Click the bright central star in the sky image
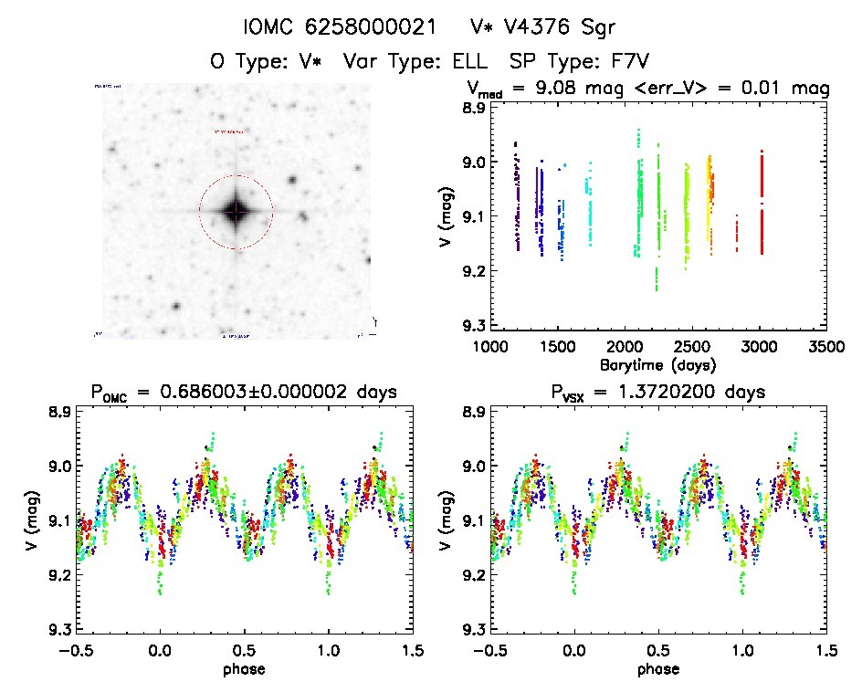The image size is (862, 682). click(x=236, y=211)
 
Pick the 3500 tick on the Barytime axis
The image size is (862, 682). click(x=826, y=348)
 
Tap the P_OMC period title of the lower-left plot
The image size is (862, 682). click(x=244, y=393)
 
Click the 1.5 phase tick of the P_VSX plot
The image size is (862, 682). click(x=826, y=651)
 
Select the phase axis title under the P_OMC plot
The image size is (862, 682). click(x=244, y=668)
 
